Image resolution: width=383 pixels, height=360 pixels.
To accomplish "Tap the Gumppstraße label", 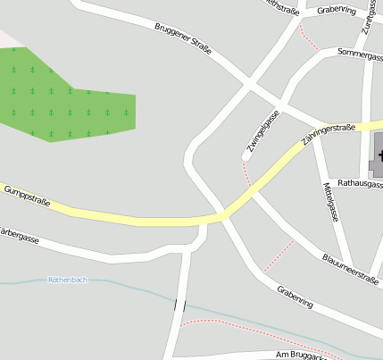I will click(25, 197).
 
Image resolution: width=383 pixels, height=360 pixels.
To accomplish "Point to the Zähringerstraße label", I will click(329, 135).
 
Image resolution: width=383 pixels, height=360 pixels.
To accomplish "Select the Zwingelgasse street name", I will click(263, 132).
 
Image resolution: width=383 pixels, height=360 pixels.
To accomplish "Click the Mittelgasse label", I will click(330, 202).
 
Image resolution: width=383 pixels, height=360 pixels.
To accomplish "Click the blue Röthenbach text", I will click(68, 280).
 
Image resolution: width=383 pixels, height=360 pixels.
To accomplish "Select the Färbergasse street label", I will click(18, 237).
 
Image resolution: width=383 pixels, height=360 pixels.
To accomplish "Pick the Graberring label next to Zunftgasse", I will click(336, 11).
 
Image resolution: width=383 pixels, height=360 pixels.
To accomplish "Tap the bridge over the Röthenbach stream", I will click(180, 306).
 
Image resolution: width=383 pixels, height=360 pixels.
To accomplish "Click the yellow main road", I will click(134, 217).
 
